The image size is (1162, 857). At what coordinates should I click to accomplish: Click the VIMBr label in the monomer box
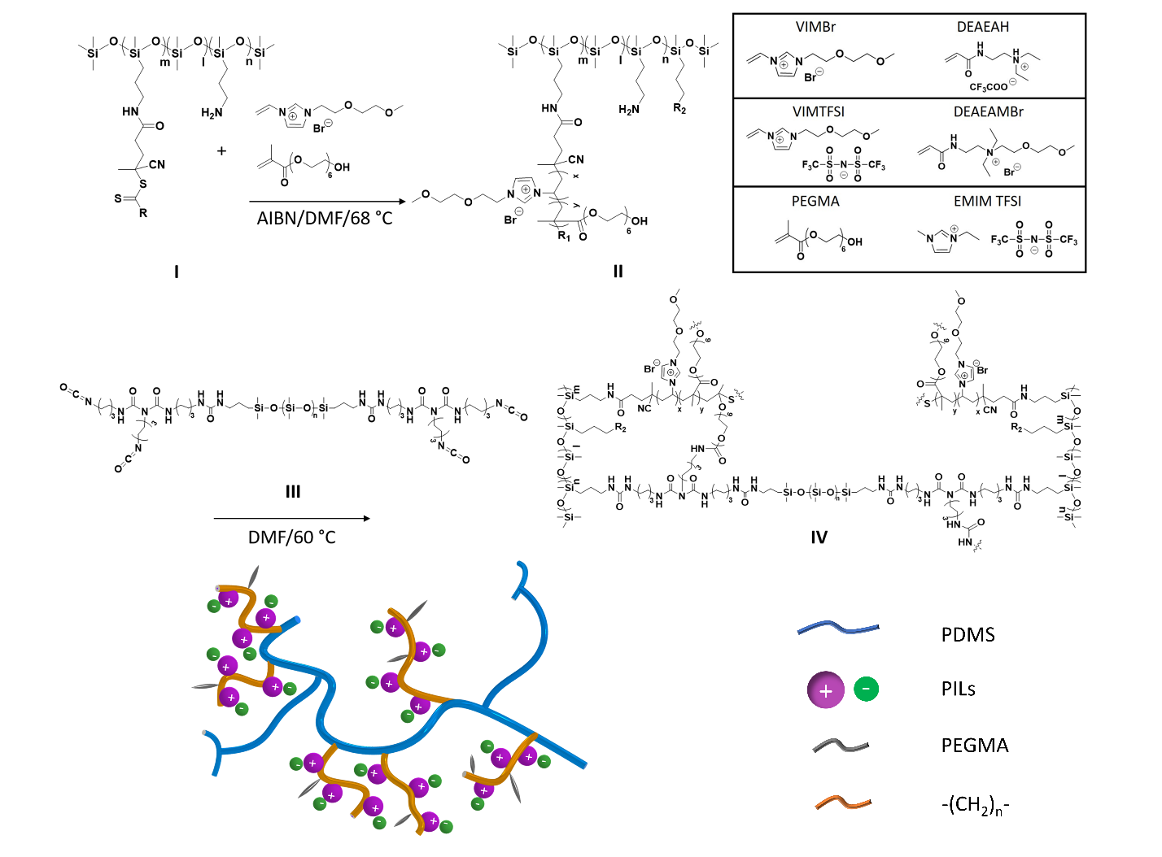[x=815, y=27]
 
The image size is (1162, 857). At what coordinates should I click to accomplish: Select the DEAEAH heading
[x=982, y=27]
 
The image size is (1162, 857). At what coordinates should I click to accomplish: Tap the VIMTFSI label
[x=818, y=111]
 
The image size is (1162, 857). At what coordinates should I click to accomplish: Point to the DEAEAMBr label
[x=988, y=111]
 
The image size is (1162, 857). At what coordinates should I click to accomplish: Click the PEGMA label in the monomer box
[x=815, y=201]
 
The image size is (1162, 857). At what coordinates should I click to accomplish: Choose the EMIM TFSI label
[x=987, y=201]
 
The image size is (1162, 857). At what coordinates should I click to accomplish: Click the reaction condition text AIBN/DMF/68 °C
[x=325, y=218]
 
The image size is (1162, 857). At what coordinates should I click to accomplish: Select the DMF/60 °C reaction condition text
[x=291, y=537]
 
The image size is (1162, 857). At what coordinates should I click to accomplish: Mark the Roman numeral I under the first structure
[x=176, y=272]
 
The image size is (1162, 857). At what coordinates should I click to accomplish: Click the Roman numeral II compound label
[x=618, y=272]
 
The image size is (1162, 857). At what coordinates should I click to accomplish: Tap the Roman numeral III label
[x=293, y=492]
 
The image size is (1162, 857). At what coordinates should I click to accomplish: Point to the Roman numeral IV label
[x=819, y=537]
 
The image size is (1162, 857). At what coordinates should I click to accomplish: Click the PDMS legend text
[x=968, y=635]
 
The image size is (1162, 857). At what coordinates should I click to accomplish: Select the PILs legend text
[x=958, y=690]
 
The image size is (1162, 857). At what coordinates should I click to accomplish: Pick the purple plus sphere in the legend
[x=826, y=690]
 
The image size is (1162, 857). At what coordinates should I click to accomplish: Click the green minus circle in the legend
[x=866, y=690]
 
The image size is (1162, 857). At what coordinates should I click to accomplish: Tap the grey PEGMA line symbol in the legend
[x=841, y=746]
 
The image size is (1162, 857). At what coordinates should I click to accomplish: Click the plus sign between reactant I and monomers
[x=221, y=150]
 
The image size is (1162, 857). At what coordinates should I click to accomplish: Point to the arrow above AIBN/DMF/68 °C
[x=327, y=201]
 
